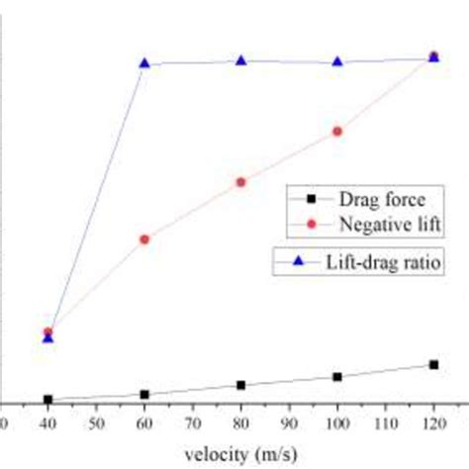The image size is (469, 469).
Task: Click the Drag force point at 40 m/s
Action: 47,400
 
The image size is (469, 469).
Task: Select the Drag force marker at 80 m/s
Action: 241,385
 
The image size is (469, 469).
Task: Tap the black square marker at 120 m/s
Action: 433,365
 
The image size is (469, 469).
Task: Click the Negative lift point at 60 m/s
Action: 144,239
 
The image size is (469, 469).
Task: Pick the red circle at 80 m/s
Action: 241,182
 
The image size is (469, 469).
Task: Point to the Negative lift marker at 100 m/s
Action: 338,130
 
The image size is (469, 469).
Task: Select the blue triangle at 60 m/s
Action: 144,63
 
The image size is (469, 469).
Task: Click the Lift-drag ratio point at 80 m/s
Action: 241,60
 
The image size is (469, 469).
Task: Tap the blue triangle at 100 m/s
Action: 338,61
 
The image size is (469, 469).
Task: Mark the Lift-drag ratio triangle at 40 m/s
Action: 47,338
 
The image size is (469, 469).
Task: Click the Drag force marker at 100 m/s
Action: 338,377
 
